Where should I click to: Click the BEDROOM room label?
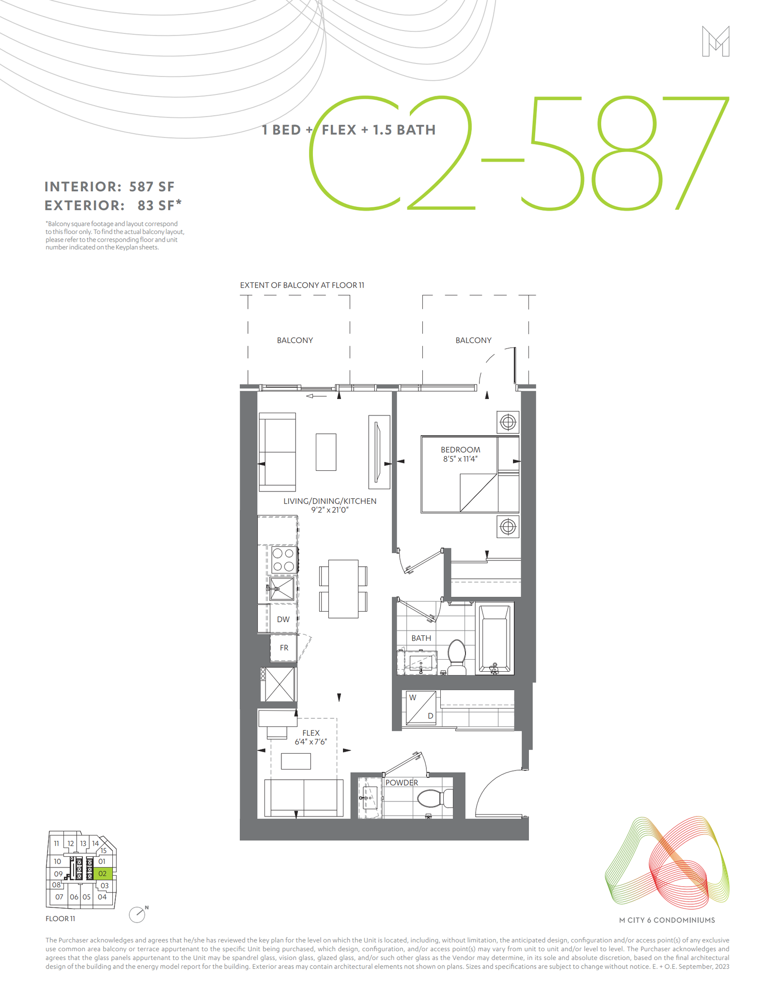pyautogui.click(x=460, y=450)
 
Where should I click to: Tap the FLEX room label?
pyautogui.click(x=311, y=733)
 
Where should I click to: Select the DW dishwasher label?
pyautogui.click(x=283, y=619)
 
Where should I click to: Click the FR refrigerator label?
pyautogui.click(x=284, y=648)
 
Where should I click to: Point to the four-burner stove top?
pyautogui.click(x=283, y=559)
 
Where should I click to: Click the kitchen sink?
pyautogui.click(x=281, y=589)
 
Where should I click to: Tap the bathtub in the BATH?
pyautogui.click(x=495, y=638)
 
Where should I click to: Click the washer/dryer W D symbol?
pyautogui.click(x=421, y=708)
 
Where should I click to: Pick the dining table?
pyautogui.click(x=343, y=589)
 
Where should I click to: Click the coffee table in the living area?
pyautogui.click(x=326, y=452)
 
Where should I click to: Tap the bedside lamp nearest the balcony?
pyautogui.click(x=508, y=422)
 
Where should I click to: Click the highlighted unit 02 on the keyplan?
pyautogui.click(x=103, y=874)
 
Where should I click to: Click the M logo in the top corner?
pyautogui.click(x=715, y=42)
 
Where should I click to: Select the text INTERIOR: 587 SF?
pyautogui.click(x=109, y=187)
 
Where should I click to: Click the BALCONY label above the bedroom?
pyautogui.click(x=473, y=340)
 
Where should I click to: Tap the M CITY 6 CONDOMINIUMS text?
pyautogui.click(x=667, y=920)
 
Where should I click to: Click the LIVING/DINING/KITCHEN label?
pyautogui.click(x=330, y=501)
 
